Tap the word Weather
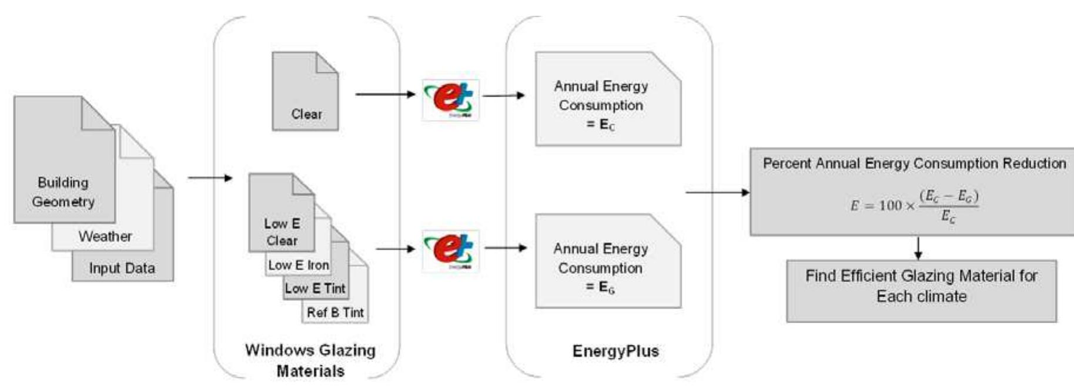point(105,236)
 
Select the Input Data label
point(122,269)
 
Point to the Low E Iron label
point(299,266)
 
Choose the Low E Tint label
point(315,289)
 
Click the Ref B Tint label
point(335,313)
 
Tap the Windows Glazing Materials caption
point(310,360)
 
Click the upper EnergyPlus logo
point(451,99)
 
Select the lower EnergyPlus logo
point(451,250)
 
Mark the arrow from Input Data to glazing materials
point(210,177)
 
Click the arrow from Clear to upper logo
point(385,94)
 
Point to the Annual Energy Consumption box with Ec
point(607,100)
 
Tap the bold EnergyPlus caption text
point(615,351)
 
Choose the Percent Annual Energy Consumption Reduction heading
point(914,163)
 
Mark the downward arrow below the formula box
point(918,247)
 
